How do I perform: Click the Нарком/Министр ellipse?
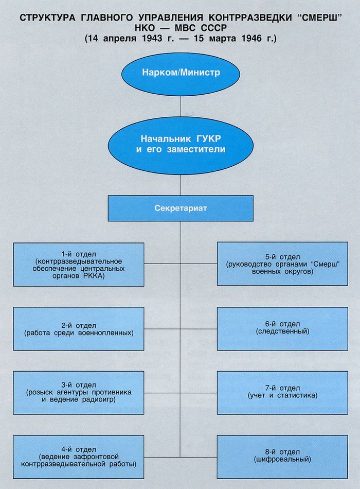(x=181, y=74)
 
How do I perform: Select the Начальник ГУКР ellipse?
(x=181, y=145)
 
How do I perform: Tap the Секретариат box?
(x=181, y=208)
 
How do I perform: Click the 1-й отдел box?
(x=79, y=265)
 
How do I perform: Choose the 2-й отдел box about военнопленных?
(x=79, y=329)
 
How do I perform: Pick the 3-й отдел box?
(x=79, y=393)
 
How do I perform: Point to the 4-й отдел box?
(x=79, y=457)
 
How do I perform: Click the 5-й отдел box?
(x=282, y=264)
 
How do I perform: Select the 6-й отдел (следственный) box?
(x=282, y=329)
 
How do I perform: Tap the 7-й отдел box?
(x=282, y=393)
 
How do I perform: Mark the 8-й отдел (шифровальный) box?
(x=282, y=457)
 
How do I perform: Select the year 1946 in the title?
(x=251, y=39)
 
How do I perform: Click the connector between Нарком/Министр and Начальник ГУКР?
(x=181, y=107)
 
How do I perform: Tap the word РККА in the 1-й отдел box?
(x=94, y=276)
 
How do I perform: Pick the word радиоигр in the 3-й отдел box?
(x=99, y=399)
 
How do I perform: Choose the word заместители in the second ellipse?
(x=196, y=149)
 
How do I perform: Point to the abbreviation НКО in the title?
(x=145, y=28)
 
